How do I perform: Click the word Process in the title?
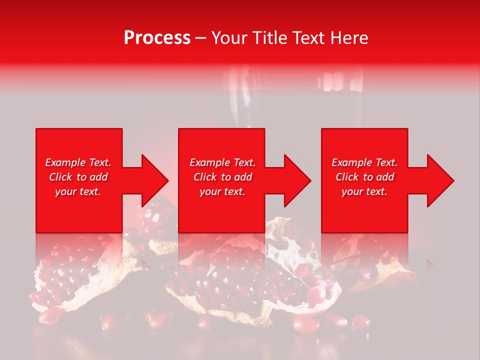(x=157, y=38)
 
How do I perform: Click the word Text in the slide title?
(x=309, y=38)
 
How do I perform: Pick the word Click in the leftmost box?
(x=61, y=177)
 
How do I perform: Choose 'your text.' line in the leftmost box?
(x=78, y=191)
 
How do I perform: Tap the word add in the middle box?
(x=242, y=177)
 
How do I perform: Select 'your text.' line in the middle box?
(x=222, y=191)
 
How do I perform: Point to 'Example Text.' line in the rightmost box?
(x=364, y=162)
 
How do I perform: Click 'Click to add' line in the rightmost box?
(x=364, y=177)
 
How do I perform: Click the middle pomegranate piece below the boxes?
(x=250, y=280)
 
